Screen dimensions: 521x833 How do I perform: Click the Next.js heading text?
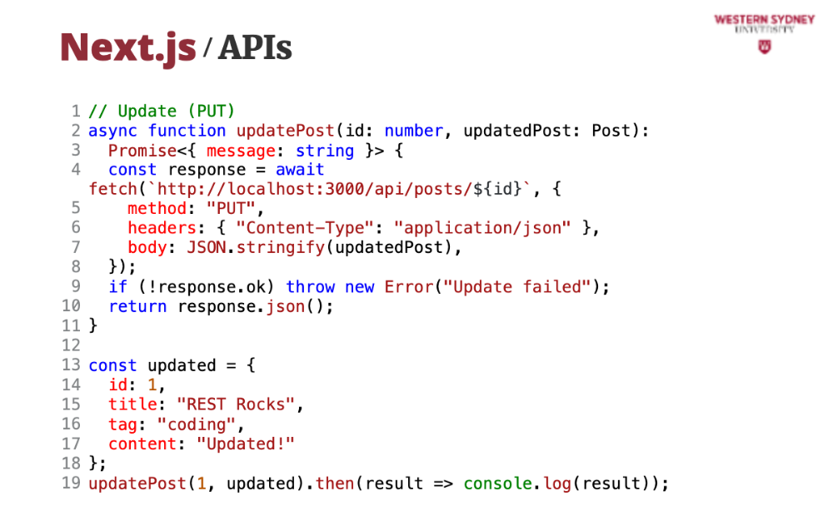click(127, 47)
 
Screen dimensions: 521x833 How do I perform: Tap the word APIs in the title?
click(256, 48)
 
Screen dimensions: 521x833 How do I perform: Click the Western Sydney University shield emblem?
click(764, 47)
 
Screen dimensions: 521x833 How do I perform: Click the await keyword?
click(300, 170)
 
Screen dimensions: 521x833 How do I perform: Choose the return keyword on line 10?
click(137, 306)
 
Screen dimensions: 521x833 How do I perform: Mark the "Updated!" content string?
click(246, 444)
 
